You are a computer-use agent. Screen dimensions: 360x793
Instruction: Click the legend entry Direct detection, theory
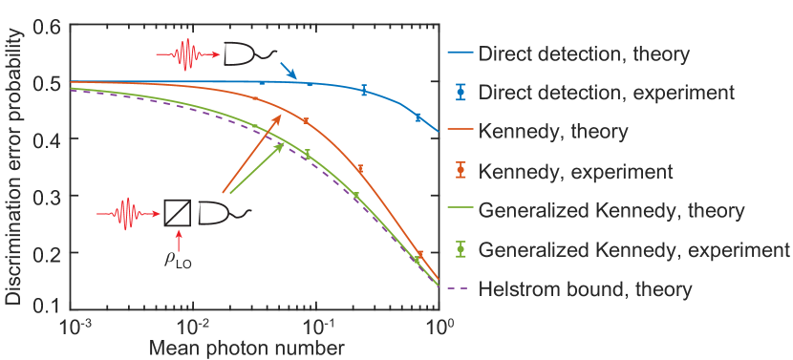point(584,54)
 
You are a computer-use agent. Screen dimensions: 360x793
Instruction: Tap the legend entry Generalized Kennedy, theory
point(611,209)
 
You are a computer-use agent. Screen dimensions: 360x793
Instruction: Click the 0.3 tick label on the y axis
point(45,196)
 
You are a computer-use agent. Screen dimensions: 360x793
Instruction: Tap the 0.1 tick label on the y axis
point(45,307)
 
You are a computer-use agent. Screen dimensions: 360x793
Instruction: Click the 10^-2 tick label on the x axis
point(194,328)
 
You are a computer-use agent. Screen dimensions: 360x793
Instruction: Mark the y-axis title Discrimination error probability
point(13,167)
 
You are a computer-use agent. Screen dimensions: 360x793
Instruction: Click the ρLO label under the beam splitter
point(177,258)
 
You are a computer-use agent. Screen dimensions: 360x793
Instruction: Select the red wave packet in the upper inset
point(185,53)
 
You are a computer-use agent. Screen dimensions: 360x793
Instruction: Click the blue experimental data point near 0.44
point(418,116)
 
